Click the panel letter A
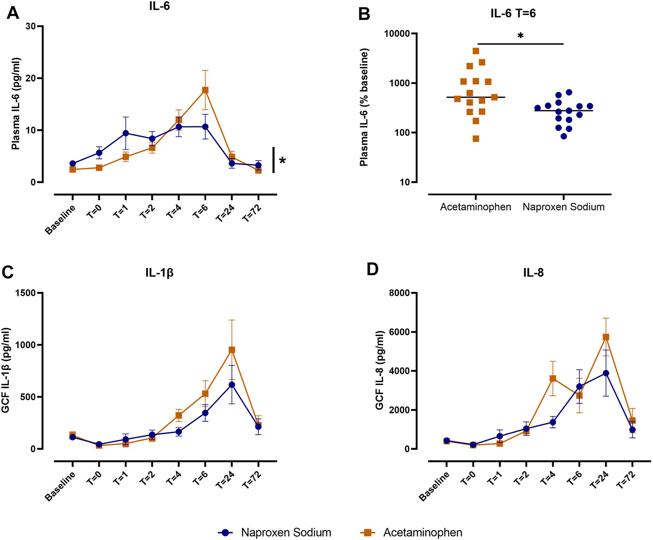(13, 13)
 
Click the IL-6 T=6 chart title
(513, 14)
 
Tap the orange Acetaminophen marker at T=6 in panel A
(205, 90)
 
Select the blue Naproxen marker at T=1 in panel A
(125, 133)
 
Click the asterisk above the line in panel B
(521, 36)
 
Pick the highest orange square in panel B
(476, 51)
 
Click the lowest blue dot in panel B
(564, 137)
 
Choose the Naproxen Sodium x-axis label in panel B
(563, 207)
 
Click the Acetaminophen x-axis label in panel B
(475, 207)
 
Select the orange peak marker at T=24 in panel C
(232, 350)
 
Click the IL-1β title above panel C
(159, 273)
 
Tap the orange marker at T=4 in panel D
(553, 379)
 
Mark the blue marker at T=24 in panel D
(606, 373)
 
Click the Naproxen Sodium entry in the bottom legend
(286, 532)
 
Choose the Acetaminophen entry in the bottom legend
(422, 532)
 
